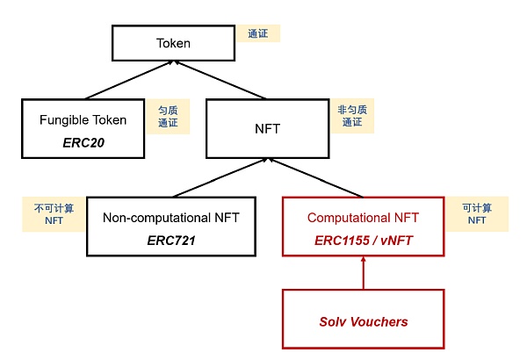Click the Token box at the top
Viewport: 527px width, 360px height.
click(x=173, y=42)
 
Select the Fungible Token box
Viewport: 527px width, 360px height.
click(x=84, y=128)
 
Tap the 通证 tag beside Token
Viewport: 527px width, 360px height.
click(x=257, y=33)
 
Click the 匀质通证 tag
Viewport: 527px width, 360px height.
click(x=168, y=116)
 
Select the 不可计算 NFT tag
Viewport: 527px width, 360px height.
click(x=54, y=214)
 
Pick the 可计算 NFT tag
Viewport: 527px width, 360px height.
click(x=477, y=214)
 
